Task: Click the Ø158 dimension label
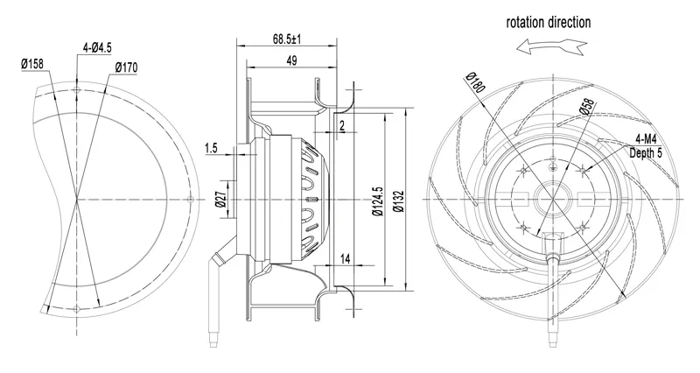32,64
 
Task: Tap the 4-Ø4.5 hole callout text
97,47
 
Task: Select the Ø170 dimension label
126,68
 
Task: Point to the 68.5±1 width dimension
287,39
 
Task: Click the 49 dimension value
291,60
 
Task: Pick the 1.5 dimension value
211,148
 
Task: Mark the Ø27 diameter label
220,198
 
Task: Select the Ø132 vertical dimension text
399,201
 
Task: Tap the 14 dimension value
345,258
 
